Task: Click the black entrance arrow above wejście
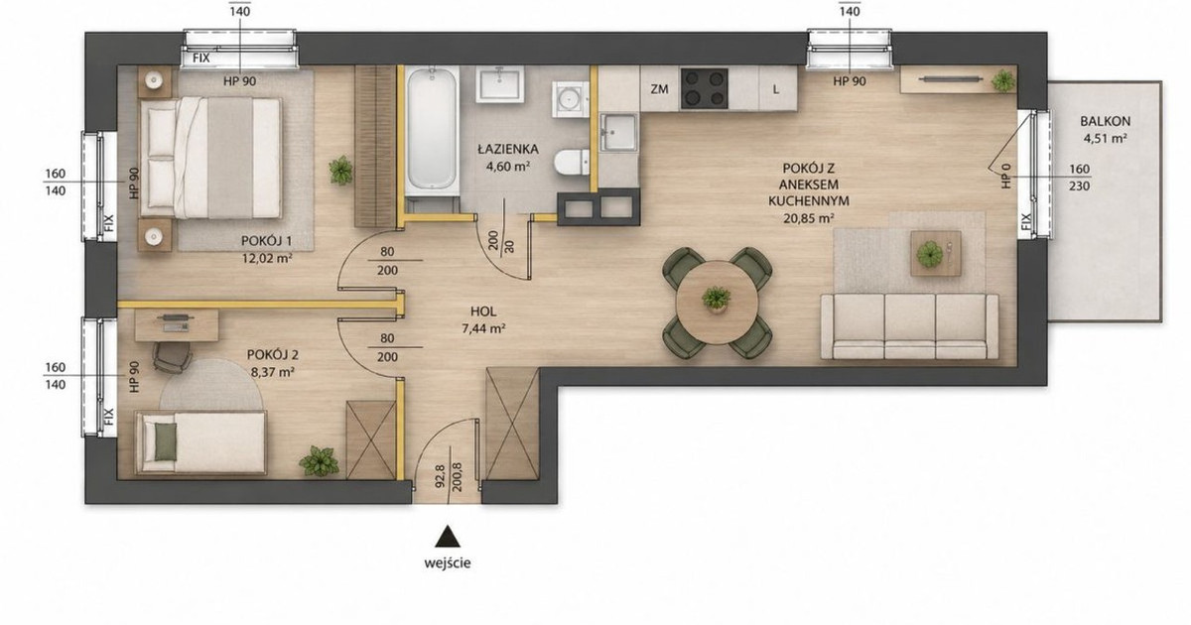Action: point(448,537)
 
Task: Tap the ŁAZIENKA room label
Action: point(508,150)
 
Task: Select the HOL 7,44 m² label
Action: point(483,319)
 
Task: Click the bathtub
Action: point(431,130)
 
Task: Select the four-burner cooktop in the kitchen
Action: point(704,88)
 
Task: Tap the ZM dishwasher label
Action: point(659,89)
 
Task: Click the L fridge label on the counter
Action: point(776,90)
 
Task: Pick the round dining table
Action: point(717,303)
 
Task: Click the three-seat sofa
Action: point(909,326)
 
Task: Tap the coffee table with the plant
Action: point(935,254)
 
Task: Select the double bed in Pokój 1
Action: point(210,158)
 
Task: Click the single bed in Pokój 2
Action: point(200,443)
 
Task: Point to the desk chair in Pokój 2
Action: point(172,355)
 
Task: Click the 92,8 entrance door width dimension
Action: point(439,477)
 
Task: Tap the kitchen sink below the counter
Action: point(617,132)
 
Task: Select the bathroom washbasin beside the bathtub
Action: point(500,84)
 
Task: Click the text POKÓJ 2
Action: point(272,354)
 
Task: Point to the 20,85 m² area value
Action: point(808,218)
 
